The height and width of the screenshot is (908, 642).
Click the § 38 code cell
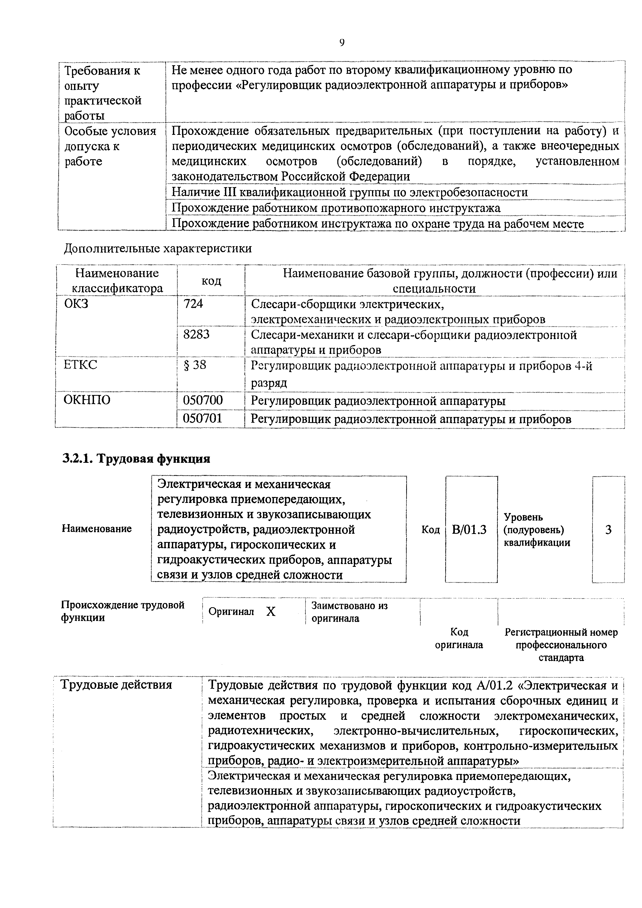pyautogui.click(x=195, y=365)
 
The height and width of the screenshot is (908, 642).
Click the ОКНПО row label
pyautogui.click(x=87, y=400)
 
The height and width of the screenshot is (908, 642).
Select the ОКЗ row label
pyautogui.click(x=76, y=304)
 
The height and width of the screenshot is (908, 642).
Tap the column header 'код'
pyautogui.click(x=211, y=281)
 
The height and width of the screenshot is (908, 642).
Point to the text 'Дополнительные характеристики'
pyautogui.click(x=158, y=248)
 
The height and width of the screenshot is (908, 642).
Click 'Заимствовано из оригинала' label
pyautogui.click(x=349, y=612)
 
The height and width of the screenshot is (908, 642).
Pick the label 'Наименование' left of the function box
pyautogui.click(x=97, y=529)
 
